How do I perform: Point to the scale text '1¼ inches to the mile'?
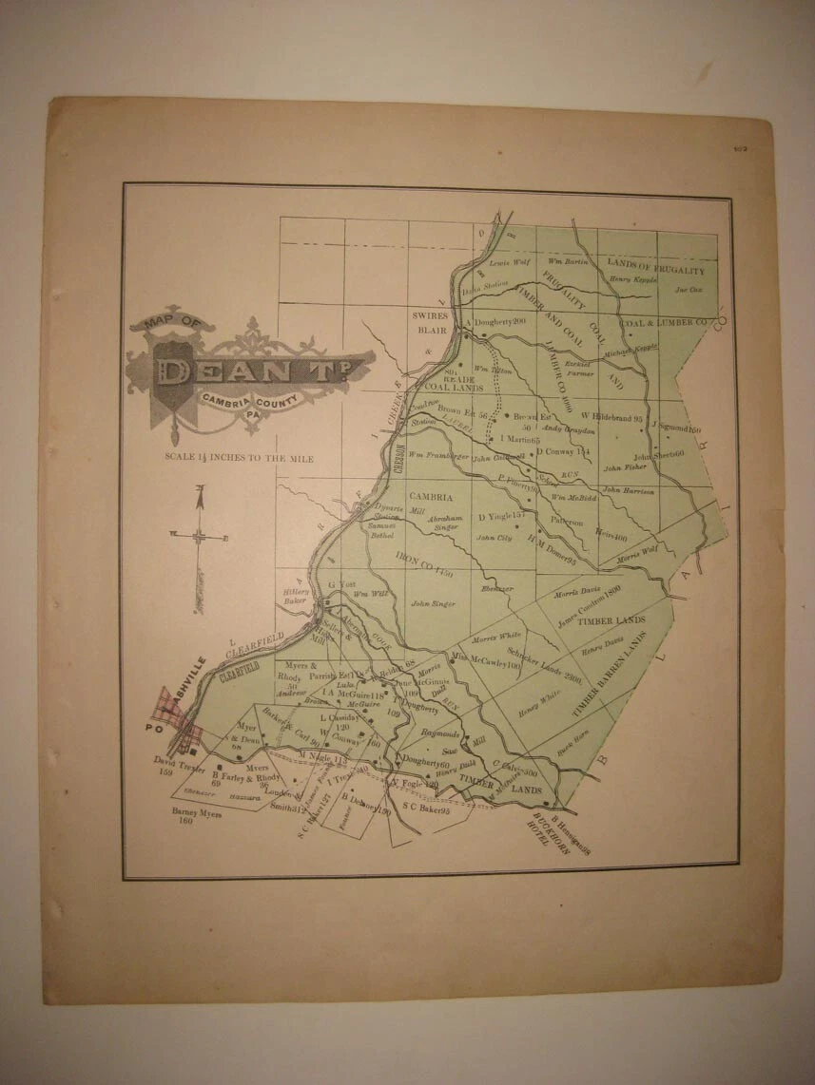click(x=238, y=457)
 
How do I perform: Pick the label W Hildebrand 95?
click(x=609, y=417)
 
